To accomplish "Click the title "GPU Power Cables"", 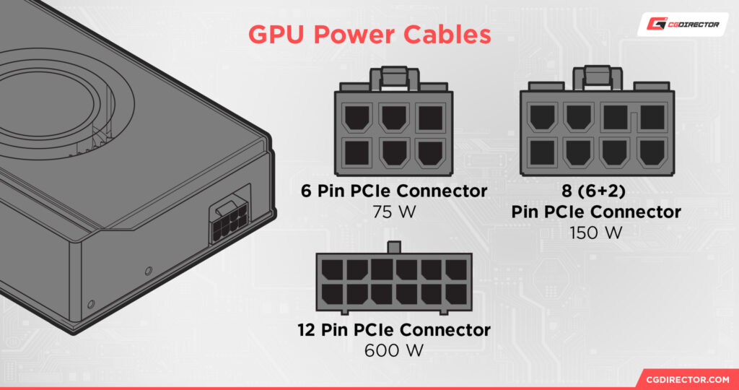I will point(369,35).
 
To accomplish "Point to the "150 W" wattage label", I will point(596,232).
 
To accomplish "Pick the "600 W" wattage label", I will point(393,350).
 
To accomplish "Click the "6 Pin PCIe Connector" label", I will point(393,191).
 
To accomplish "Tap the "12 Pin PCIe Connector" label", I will point(393,331).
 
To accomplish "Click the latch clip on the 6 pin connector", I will point(393,77).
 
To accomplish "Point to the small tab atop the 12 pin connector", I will point(393,248).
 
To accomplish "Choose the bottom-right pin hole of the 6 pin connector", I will point(429,152).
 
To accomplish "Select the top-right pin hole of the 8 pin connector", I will point(652,117).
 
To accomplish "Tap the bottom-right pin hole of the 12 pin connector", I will point(455,293).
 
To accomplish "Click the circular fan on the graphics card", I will point(51,101).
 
